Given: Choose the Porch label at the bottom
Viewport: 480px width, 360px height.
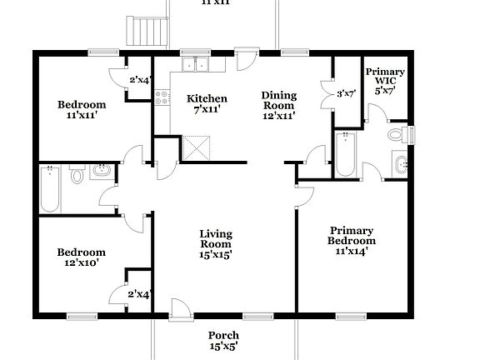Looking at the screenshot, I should point(222,335).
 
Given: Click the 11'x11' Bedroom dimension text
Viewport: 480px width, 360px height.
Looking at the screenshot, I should point(81,117).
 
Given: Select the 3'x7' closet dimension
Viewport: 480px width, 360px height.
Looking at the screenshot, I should point(347,94).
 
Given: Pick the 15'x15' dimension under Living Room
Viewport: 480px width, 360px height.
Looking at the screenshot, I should point(215,255).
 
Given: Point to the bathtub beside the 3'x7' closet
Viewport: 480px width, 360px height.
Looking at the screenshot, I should point(345,153).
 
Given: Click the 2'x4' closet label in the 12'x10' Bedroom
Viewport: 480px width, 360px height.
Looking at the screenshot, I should point(138,294).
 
